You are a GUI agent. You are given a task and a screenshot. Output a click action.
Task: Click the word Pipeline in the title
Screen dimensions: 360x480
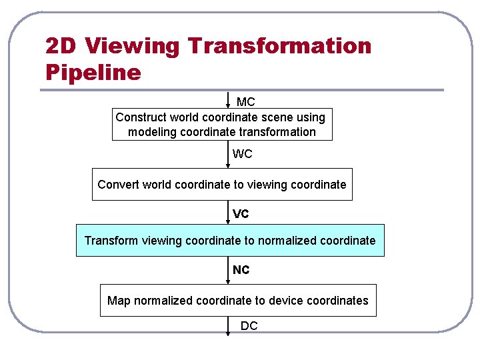click(93, 72)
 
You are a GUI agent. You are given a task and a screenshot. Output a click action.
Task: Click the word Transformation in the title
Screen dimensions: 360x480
click(279, 46)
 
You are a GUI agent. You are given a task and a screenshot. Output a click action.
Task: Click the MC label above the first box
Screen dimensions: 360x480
click(246, 102)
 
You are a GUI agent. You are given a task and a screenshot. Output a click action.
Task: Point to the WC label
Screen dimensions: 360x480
click(242, 154)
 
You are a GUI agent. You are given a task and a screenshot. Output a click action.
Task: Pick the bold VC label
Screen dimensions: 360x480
click(241, 214)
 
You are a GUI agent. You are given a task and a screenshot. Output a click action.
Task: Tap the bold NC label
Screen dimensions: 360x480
click(241, 270)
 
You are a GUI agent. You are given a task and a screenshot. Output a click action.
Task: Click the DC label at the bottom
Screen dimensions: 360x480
click(249, 326)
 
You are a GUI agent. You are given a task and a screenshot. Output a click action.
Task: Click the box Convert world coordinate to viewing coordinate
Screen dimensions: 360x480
click(222, 185)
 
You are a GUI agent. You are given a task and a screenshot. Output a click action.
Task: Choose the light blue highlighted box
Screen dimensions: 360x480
click(230, 241)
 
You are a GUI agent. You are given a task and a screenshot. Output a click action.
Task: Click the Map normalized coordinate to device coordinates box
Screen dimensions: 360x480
click(238, 301)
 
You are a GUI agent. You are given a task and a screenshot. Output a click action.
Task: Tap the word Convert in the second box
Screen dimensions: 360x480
click(117, 185)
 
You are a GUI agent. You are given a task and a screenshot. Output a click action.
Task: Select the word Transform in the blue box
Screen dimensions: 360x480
click(111, 241)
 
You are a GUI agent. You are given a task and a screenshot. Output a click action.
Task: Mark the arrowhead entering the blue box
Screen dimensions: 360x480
click(229, 221)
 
